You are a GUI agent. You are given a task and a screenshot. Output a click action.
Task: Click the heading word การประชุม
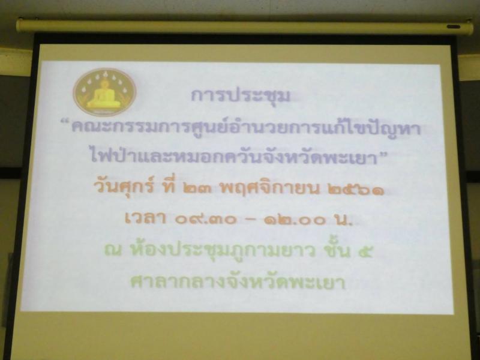(241, 95)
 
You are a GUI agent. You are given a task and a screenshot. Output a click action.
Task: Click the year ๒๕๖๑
(355, 190)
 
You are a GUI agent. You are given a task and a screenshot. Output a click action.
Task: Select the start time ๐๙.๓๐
(206, 220)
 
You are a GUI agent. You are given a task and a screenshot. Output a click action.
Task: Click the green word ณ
(113, 251)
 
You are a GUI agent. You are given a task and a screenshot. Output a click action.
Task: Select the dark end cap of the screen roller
(453, 27)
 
